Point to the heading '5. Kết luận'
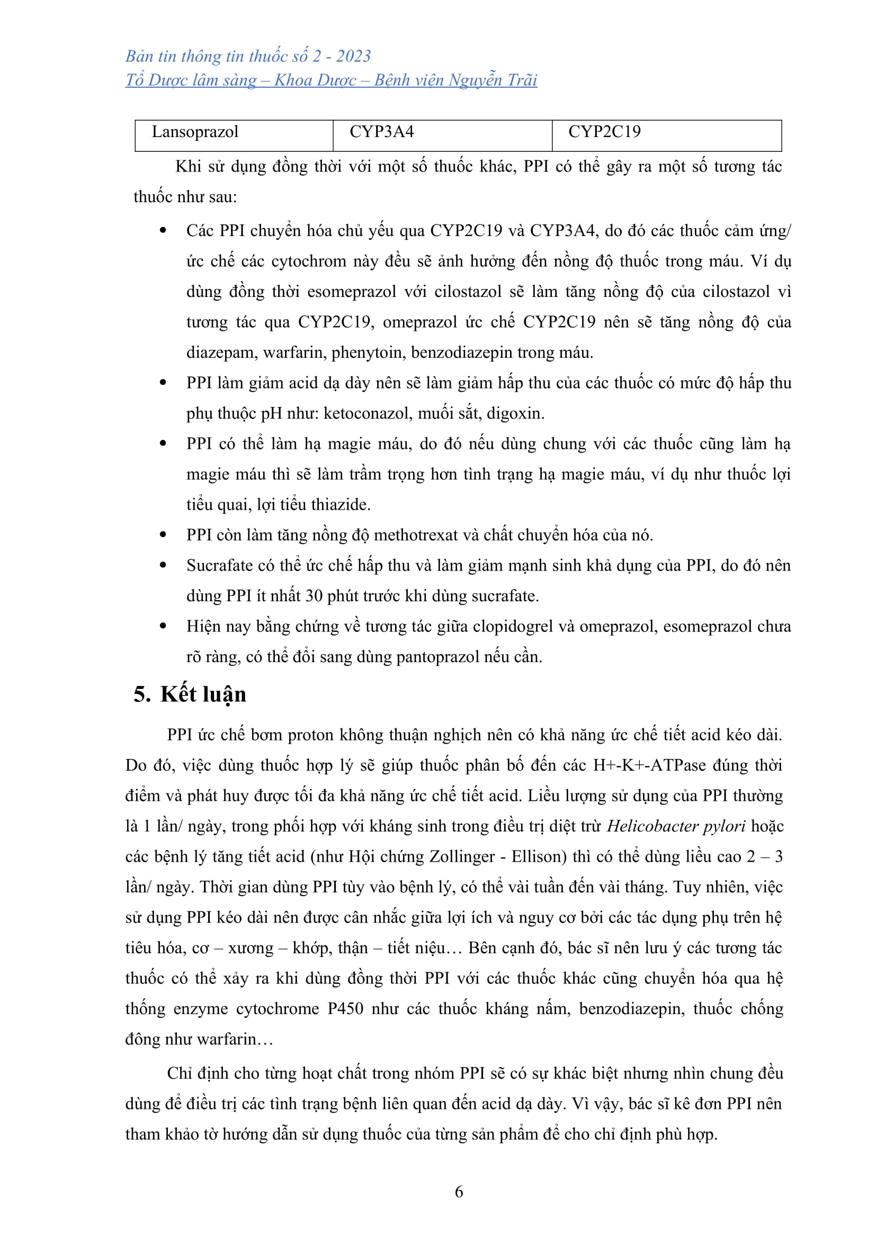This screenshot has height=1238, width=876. tap(190, 694)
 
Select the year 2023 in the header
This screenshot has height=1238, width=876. tap(353, 56)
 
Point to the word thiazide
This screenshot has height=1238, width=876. tap(342, 505)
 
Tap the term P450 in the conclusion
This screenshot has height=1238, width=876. tap(345, 1009)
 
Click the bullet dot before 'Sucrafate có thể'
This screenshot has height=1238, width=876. tap(163, 566)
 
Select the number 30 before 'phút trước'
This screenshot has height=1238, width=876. tap(314, 597)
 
